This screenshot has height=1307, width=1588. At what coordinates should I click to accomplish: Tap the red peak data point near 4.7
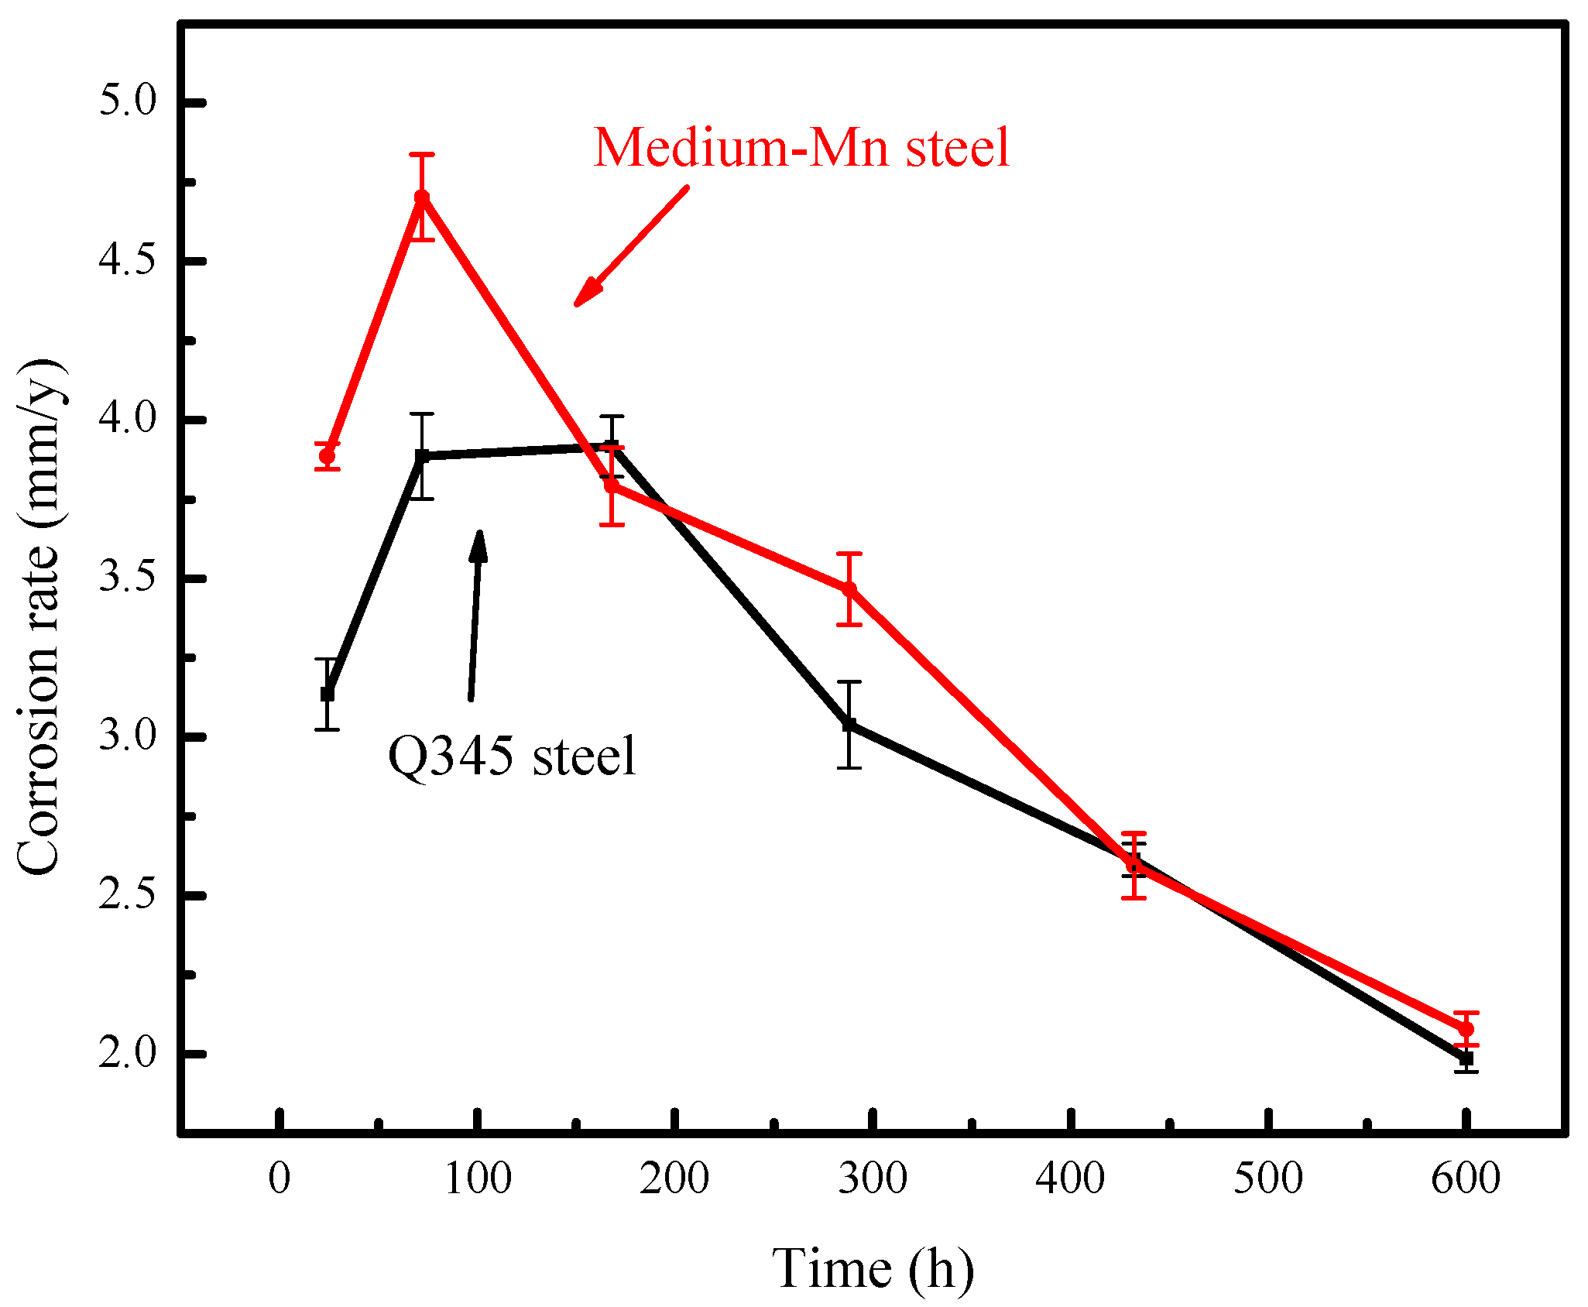pos(422,197)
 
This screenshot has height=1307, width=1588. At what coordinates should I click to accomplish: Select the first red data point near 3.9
pos(328,456)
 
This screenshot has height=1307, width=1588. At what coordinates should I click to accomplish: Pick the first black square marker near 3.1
pos(328,694)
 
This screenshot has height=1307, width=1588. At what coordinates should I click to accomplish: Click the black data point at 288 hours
pos(849,725)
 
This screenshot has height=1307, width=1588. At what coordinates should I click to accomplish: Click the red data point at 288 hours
pos(849,589)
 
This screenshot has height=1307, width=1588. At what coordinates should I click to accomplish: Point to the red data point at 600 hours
pos(1466,1029)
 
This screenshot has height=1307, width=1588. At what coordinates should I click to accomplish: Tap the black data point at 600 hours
pos(1466,1058)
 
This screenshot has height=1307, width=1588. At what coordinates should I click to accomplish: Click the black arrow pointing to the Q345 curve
pos(475,616)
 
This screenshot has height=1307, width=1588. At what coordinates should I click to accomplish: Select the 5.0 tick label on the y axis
pos(128,101)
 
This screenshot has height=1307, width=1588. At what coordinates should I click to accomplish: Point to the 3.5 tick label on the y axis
pos(128,578)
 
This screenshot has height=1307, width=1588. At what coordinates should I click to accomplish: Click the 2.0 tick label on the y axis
pos(128,1054)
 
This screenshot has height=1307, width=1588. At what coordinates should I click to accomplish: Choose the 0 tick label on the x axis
pos(280,1178)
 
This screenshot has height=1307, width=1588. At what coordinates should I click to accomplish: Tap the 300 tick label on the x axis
pos(873,1178)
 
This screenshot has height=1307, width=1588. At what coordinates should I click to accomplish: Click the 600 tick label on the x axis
pos(1466,1178)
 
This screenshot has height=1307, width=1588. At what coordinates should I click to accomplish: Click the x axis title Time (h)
pos(873,1268)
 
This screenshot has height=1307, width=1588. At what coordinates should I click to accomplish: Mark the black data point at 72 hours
pos(422,456)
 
